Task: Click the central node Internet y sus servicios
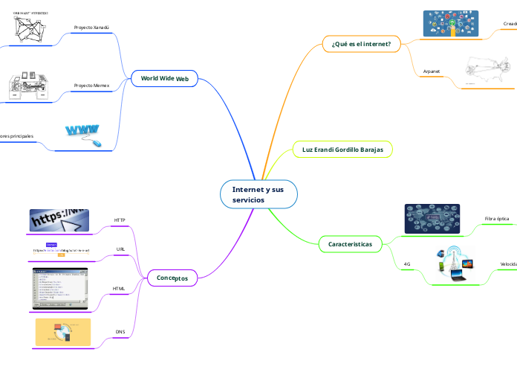point(258,195)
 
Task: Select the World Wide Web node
point(164,78)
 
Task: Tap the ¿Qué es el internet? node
point(361,44)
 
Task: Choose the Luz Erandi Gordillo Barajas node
point(342,150)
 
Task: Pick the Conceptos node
point(172,278)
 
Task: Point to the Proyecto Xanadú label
point(91,28)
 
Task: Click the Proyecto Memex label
point(91,86)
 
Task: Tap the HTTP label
point(119,220)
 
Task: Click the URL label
point(120,249)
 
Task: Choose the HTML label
point(118,287)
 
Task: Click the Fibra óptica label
point(496,219)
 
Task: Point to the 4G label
point(407,264)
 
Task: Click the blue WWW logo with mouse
point(84,135)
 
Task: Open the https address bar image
point(59,220)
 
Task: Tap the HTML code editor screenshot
point(59,288)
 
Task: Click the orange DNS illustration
point(62,333)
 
